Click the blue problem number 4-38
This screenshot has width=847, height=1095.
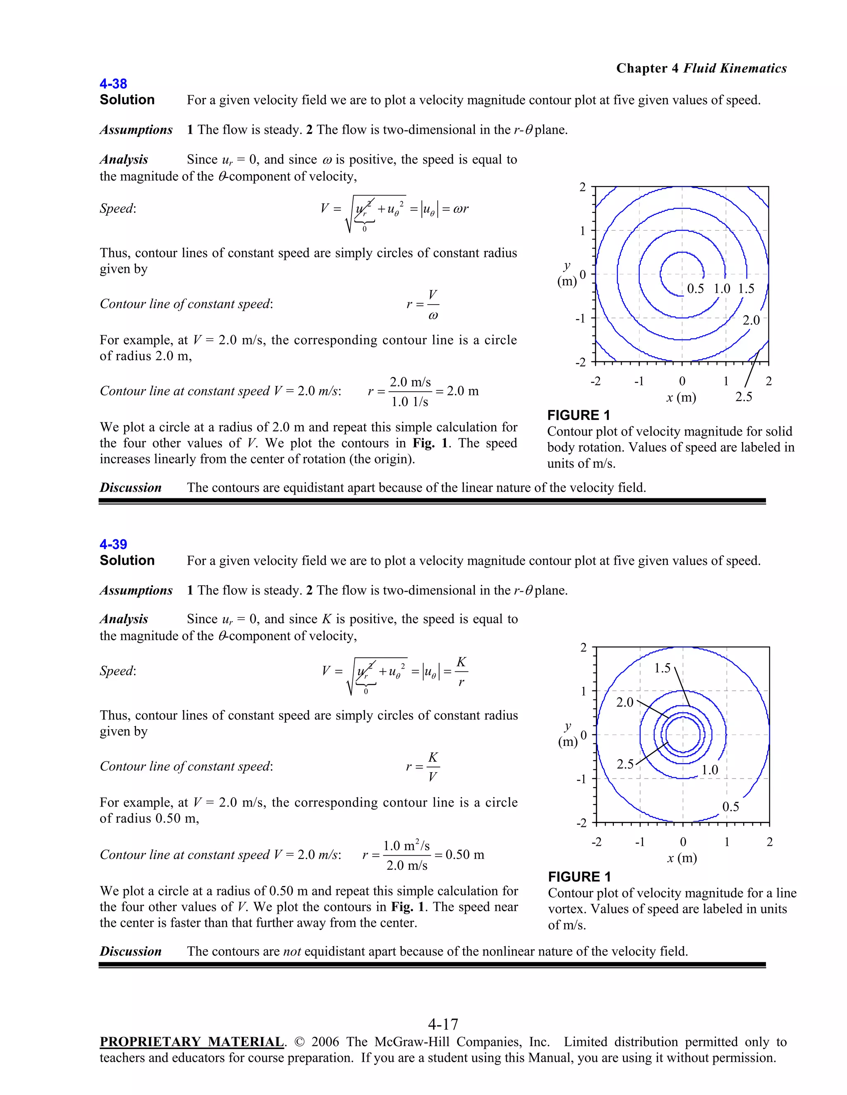113,84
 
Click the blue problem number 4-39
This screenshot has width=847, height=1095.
113,544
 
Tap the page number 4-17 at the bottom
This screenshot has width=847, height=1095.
443,1023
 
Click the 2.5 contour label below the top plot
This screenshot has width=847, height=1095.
744,397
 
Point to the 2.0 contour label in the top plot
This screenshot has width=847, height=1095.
751,320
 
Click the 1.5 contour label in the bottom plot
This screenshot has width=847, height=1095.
663,668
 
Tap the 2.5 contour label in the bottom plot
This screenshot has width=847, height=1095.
625,764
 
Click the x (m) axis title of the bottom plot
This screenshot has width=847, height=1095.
682,858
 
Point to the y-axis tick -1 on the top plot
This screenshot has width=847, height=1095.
580,318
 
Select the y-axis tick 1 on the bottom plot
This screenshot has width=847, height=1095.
583,691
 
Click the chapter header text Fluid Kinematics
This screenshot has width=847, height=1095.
735,68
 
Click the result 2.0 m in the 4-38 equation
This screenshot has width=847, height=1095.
462,391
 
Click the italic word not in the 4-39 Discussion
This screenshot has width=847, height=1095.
292,952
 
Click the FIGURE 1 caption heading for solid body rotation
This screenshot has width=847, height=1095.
578,415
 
